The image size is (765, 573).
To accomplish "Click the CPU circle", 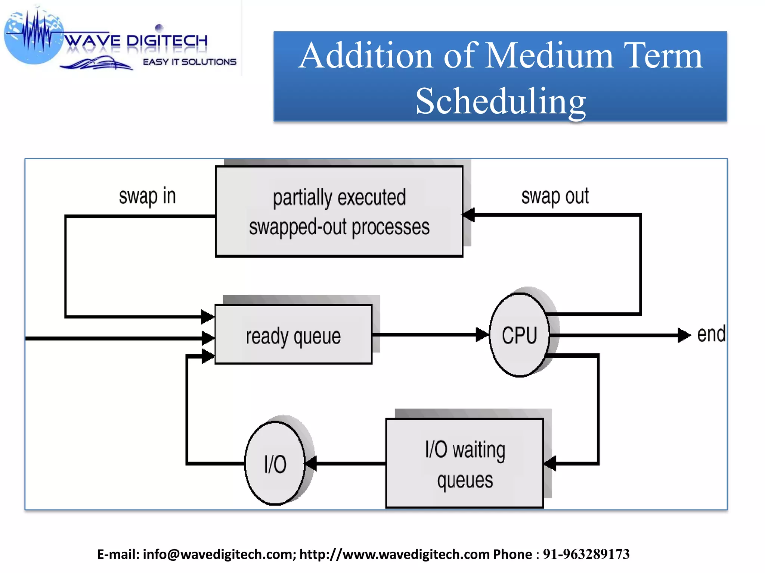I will (x=519, y=335).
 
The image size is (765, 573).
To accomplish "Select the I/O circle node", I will (x=275, y=464).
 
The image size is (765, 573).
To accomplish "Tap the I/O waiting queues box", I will (x=464, y=464).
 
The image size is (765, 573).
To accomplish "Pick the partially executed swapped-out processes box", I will (x=339, y=212).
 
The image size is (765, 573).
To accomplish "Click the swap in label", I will (x=147, y=196).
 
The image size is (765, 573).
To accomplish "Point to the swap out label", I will (x=555, y=196).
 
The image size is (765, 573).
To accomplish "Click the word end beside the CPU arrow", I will (x=711, y=334).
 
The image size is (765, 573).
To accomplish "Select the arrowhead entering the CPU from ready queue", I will (x=482, y=335).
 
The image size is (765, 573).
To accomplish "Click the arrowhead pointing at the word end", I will (x=684, y=335).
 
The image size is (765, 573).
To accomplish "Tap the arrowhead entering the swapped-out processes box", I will (x=469, y=215).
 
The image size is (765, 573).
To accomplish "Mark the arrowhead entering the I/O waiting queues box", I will (x=550, y=464).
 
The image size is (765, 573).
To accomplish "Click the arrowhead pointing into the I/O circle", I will (x=311, y=464).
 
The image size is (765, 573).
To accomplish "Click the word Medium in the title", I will (x=549, y=56).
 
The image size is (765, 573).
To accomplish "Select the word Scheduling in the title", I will (x=501, y=101).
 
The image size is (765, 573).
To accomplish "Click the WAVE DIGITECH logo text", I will (x=136, y=40).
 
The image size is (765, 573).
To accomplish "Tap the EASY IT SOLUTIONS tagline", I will (x=189, y=62).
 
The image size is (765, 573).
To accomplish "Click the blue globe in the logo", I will (x=34, y=37).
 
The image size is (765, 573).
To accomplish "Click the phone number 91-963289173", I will (x=586, y=554).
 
